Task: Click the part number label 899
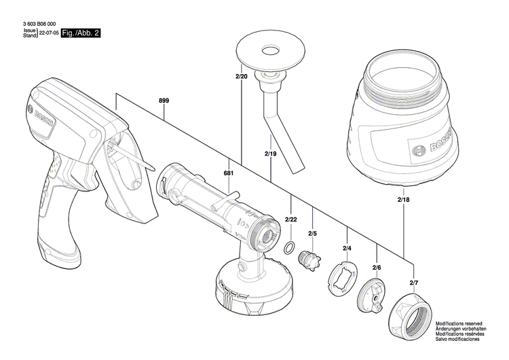coord(164,101)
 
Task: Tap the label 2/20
coord(242,77)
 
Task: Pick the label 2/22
coord(291,219)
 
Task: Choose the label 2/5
coord(313,234)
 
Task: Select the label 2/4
coord(347,249)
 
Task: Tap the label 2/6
coord(376,268)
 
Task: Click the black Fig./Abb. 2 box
coord(81,33)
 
